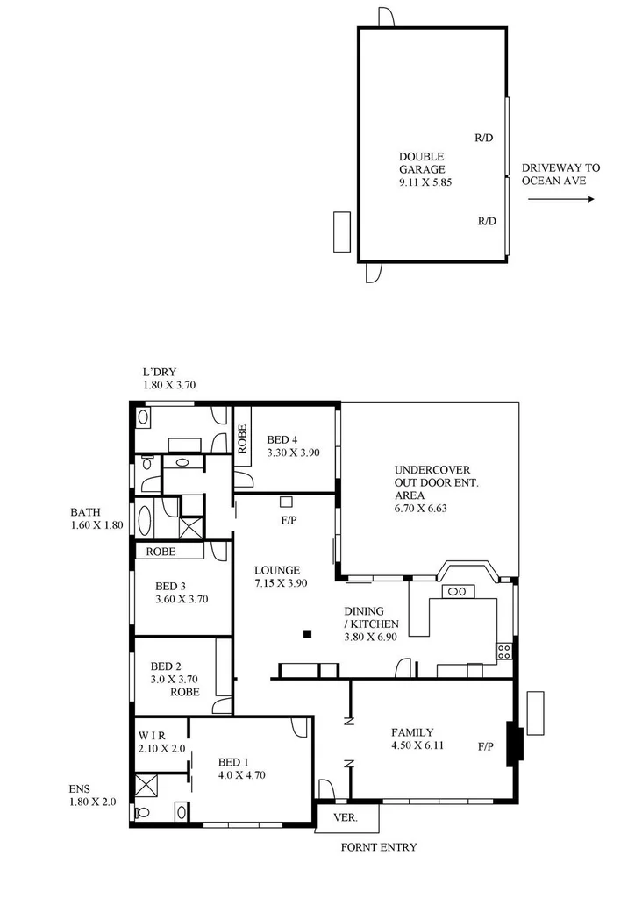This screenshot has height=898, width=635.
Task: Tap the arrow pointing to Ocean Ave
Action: (561, 199)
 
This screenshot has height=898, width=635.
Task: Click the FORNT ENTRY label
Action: (378, 847)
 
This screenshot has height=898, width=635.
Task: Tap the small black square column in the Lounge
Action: (306, 633)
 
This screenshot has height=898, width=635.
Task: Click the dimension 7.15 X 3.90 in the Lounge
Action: (281, 583)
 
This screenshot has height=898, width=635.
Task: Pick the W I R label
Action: (152, 735)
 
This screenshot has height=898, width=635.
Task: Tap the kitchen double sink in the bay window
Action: (457, 591)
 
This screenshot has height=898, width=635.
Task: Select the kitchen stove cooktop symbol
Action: (504, 651)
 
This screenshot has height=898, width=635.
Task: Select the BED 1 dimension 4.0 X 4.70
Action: (241, 775)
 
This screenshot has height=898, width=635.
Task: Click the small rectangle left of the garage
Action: (341, 232)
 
